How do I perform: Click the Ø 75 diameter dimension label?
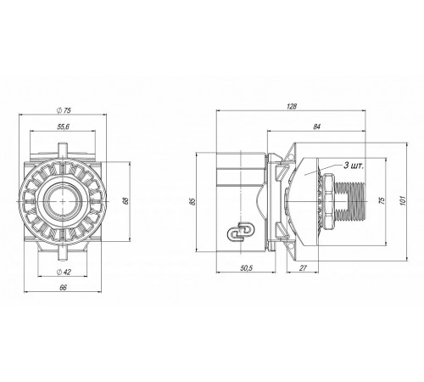(64, 110)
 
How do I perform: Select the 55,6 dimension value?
(63, 126)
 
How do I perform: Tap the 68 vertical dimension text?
(126, 200)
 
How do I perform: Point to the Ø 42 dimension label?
(64, 272)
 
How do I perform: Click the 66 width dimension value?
(63, 288)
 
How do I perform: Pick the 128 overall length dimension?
(292, 106)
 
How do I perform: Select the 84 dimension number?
(316, 126)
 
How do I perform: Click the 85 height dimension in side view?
(192, 201)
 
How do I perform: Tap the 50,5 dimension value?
(246, 268)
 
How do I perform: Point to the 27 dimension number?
(303, 268)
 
